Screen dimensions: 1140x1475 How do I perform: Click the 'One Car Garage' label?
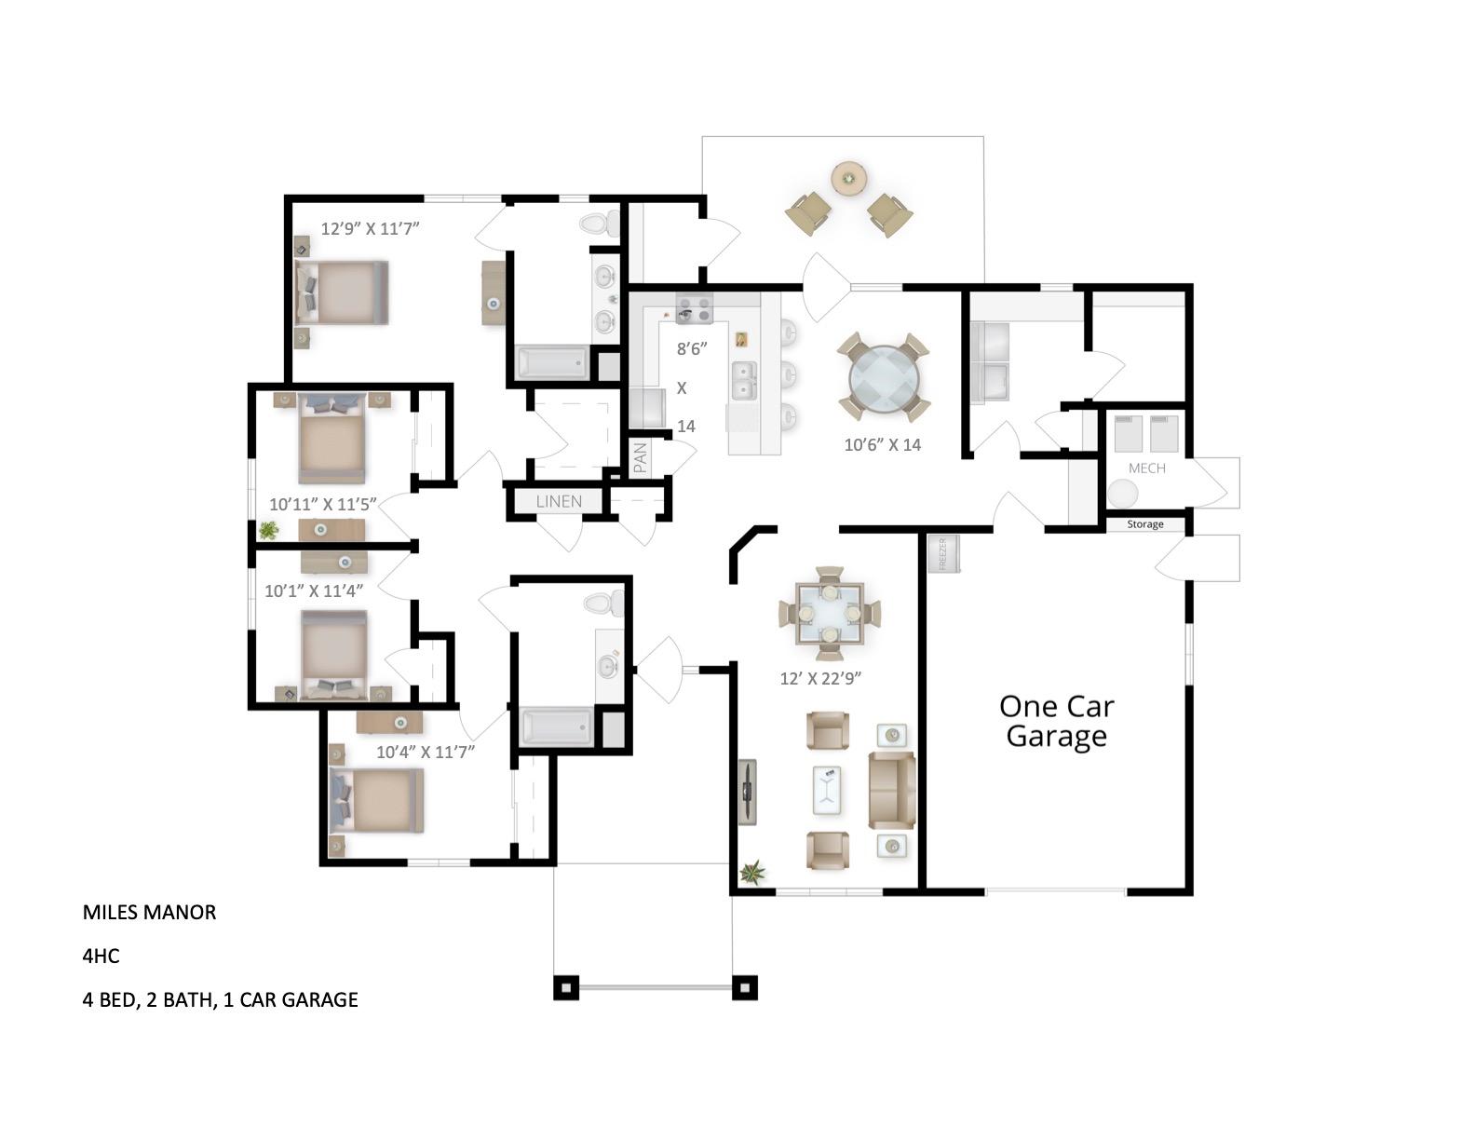1056,721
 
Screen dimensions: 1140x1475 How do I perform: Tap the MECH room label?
1146,468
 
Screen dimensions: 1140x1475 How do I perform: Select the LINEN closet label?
559,501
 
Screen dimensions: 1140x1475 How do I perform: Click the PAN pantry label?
641,458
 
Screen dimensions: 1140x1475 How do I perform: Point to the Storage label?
1144,524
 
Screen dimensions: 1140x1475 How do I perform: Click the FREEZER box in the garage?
942,554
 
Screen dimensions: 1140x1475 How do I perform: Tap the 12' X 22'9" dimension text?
819,678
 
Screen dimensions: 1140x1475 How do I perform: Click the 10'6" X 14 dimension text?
882,445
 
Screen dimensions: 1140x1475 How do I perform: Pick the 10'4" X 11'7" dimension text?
426,752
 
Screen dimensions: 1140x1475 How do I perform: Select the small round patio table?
847,177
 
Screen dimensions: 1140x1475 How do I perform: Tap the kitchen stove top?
694,309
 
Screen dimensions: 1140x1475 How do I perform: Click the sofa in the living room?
891,790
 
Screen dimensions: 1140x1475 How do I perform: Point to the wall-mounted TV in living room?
747,792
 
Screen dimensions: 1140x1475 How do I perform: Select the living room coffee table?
826,791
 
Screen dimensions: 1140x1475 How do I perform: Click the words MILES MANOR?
149,912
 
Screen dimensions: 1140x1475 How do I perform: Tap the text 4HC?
101,956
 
